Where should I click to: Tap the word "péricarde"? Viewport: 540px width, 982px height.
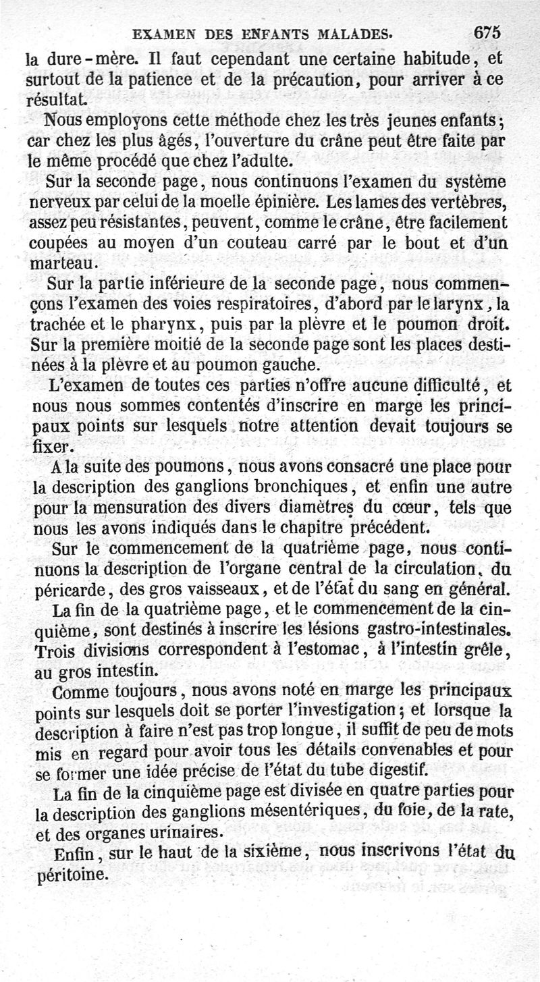coord(62,586)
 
